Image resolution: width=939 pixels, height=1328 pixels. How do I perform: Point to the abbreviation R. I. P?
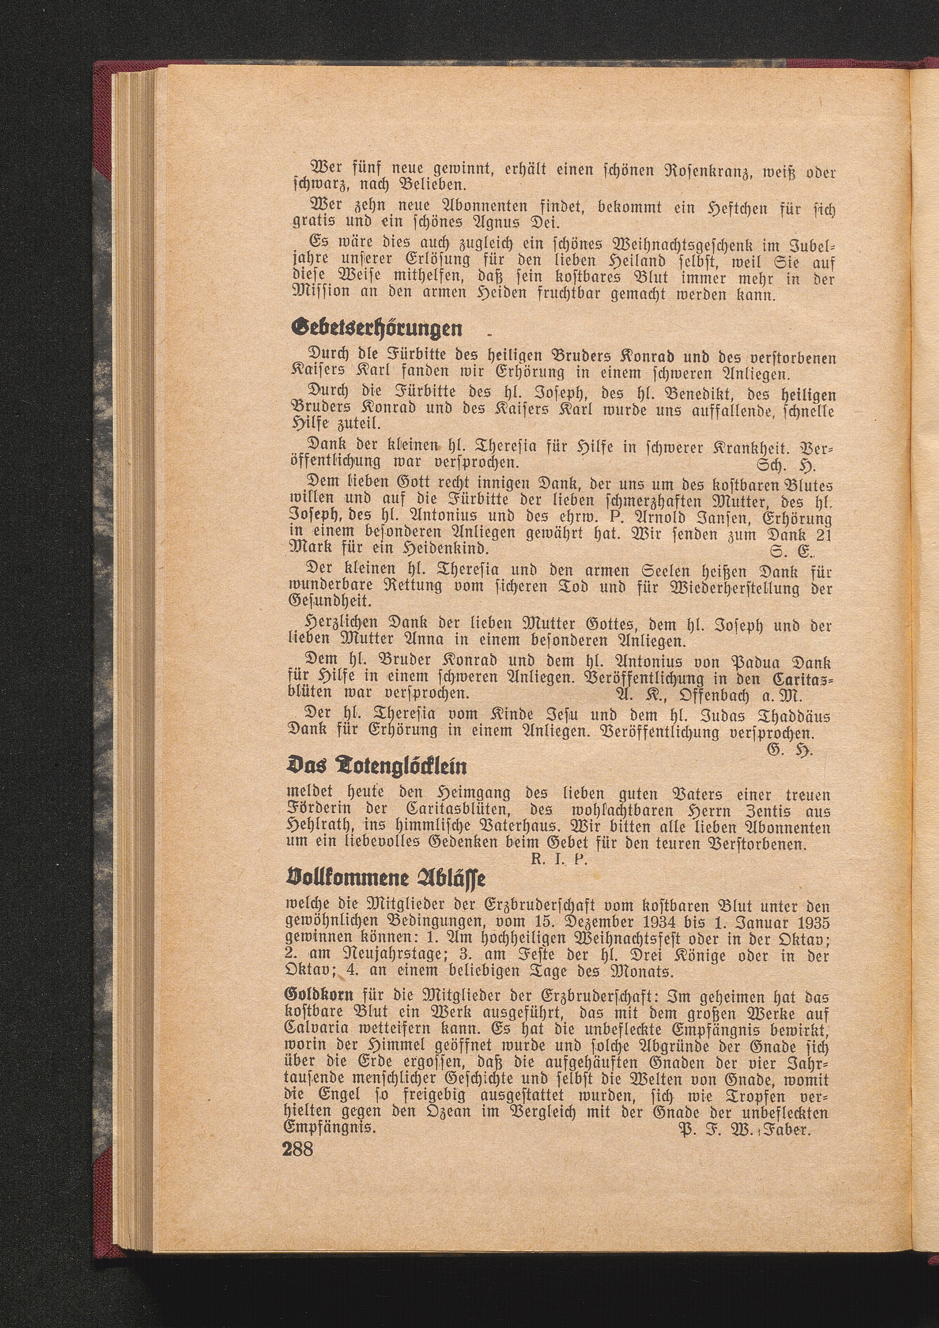pos(559,859)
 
